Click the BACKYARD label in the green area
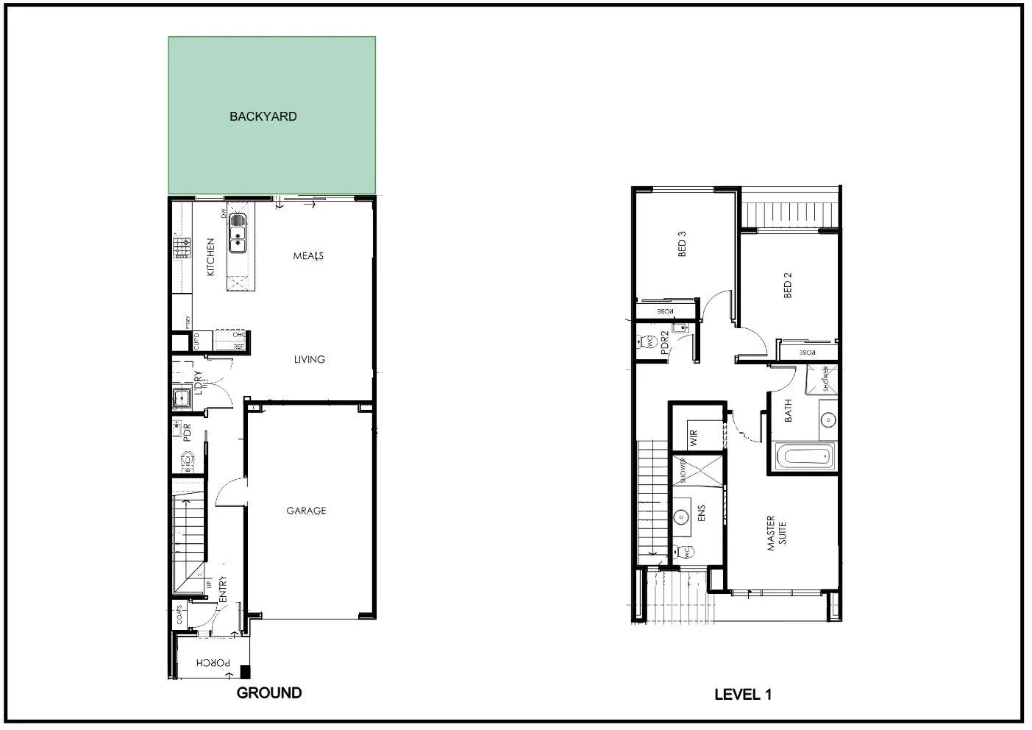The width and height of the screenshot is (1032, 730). coord(263,116)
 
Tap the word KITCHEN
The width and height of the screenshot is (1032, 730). coord(210,257)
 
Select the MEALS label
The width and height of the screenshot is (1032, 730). coord(308,256)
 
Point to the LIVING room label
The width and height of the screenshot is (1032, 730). coord(309,359)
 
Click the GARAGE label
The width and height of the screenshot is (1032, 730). coord(306,511)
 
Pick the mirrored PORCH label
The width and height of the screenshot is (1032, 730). coord(213,663)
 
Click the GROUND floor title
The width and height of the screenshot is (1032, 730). coord(268,692)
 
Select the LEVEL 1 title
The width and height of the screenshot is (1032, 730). coord(742,694)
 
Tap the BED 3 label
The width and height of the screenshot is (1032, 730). coord(682,244)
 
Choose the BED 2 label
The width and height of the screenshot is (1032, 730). coord(788,286)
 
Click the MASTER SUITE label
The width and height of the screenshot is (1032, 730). coord(776,533)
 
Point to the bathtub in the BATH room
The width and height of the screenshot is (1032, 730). coord(805,456)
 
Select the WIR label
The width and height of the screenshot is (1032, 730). coord(693,439)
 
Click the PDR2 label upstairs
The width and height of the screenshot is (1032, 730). coord(664,344)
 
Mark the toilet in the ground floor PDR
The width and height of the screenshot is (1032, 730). coord(187,461)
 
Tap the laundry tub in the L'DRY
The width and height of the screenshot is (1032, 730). coord(180,399)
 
